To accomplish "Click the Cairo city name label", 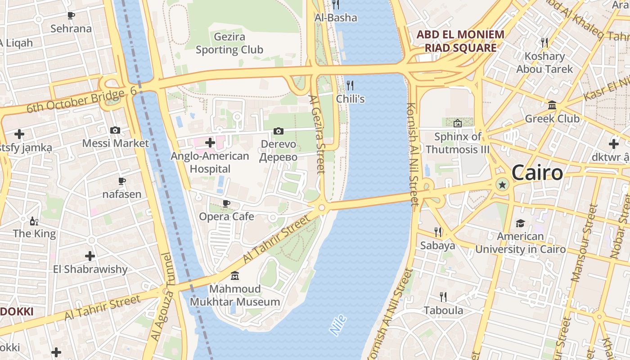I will tap(537, 173).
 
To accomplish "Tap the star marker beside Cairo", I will tap(502, 184).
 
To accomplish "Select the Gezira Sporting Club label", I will tap(229, 43).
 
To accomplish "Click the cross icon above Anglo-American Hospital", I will tap(210, 143).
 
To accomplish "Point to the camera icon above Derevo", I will tap(279, 131).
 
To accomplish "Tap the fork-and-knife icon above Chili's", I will tap(350, 85).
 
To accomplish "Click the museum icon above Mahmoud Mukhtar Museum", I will tap(234, 275).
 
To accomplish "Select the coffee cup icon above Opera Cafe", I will tap(226, 203).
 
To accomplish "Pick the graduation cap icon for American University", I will tap(520, 223).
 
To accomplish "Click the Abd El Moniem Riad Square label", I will tap(460, 41).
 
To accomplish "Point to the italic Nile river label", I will tap(338, 325).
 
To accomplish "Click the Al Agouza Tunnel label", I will tap(162, 297).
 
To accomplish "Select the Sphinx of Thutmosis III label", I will tap(458, 143).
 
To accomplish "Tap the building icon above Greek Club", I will tap(552, 106).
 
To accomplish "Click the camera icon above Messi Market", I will tap(115, 130).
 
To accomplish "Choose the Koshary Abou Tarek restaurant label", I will tap(544, 63).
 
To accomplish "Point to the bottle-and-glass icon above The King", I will tap(34, 221).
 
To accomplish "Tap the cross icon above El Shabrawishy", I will tap(90, 256).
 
